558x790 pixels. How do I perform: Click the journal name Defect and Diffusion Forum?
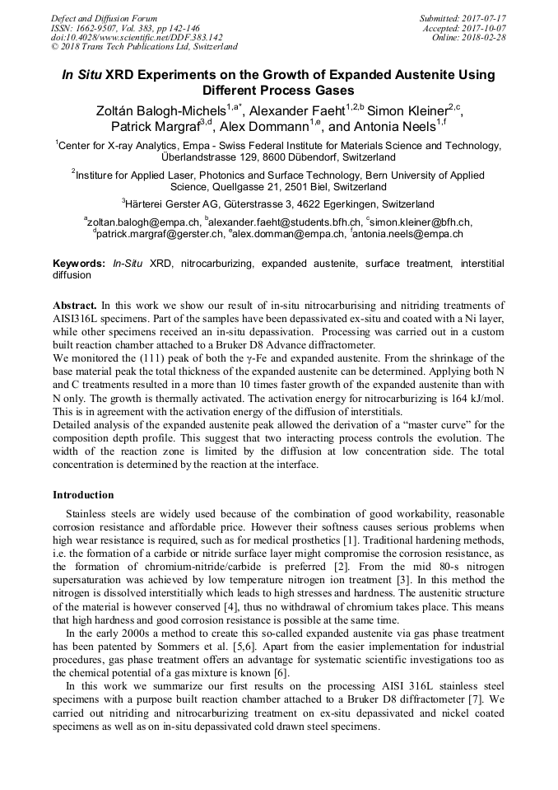[104, 18]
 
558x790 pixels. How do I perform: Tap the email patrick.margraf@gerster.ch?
[159, 234]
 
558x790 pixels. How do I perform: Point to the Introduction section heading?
[83, 495]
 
